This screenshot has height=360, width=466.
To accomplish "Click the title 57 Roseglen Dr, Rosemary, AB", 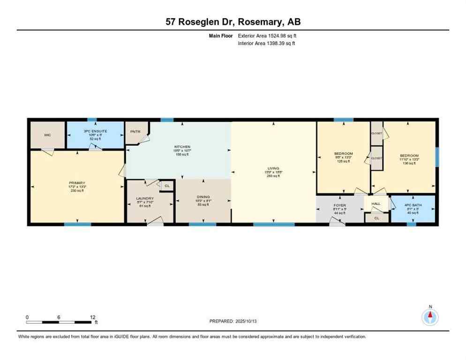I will point(233,22).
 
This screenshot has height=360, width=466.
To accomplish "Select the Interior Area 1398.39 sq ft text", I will point(266,44).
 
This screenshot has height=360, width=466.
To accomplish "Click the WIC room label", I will point(47,135).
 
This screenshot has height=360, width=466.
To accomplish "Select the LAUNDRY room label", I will point(145,198).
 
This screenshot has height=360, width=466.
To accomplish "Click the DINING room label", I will point(203,197).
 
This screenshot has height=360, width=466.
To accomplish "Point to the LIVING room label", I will point(273,168).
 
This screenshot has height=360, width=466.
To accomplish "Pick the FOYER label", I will point(339,205).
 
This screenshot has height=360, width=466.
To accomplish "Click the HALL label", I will point(376,204).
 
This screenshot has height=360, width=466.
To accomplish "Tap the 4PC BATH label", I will point(412,205).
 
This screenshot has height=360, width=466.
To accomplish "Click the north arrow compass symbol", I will point(430,317).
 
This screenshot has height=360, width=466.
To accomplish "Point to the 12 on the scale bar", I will point(93,317).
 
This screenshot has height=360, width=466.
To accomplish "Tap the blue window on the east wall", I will point(436,157).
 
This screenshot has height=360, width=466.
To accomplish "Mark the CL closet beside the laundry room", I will point(166,186).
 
